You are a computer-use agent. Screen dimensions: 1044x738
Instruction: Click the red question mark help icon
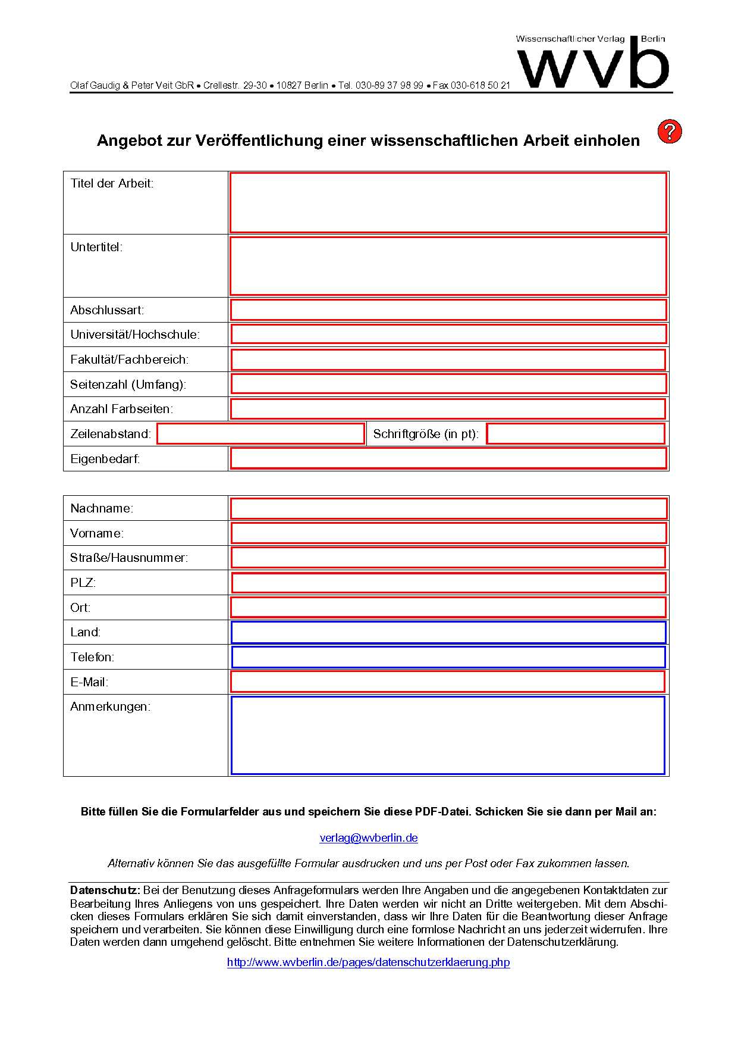tap(669, 132)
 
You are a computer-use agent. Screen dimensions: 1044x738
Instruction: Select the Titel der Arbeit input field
tap(448, 202)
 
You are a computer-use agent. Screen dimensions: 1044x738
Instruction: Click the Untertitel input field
tap(448, 265)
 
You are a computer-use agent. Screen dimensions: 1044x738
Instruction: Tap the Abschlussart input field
tap(448, 310)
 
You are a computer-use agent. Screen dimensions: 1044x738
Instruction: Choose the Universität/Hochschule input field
tap(448, 335)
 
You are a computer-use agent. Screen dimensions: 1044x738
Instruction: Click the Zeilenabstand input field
tap(260, 434)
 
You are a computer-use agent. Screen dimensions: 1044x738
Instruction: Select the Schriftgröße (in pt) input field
tap(575, 434)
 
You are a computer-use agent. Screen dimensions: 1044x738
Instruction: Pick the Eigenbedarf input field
tap(448, 459)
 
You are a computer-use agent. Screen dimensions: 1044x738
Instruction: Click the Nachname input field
tap(448, 508)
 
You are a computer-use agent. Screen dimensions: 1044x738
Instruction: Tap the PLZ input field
tap(448, 583)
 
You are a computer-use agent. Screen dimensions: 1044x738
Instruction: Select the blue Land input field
tap(448, 632)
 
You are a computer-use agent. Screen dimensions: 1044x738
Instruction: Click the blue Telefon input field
tap(448, 657)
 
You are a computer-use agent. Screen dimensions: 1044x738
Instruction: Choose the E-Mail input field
tap(448, 682)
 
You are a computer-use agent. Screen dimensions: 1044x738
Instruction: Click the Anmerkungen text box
tap(448, 735)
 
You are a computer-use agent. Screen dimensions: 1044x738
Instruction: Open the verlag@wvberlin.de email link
tap(369, 838)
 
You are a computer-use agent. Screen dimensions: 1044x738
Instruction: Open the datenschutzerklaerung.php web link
tap(369, 962)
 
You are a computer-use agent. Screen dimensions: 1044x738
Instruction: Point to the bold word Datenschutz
tap(105, 890)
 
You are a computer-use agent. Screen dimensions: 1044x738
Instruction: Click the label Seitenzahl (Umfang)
tap(128, 385)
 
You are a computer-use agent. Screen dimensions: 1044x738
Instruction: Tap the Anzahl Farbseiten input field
tap(448, 409)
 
